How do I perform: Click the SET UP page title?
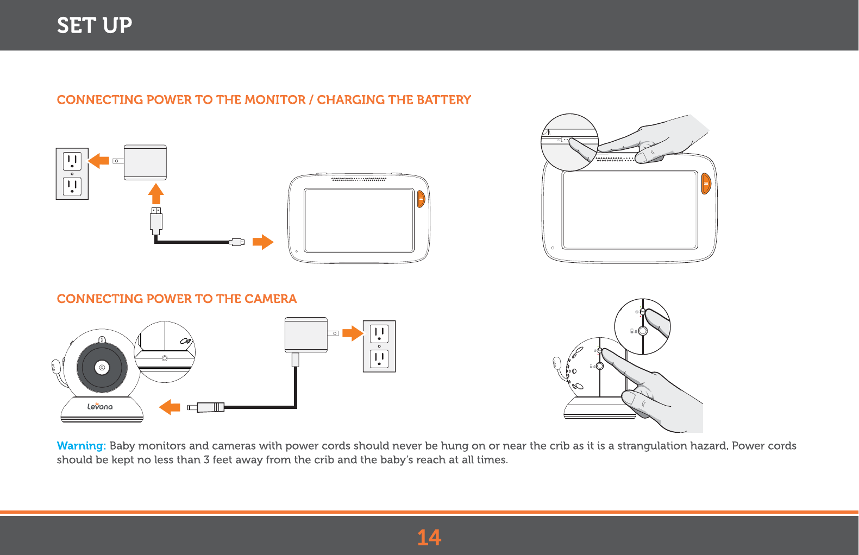pyautogui.click(x=95, y=26)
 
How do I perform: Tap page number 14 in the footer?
pyautogui.click(x=429, y=538)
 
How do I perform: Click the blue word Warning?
pyautogui.click(x=81, y=446)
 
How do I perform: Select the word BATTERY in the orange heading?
pyautogui.click(x=443, y=100)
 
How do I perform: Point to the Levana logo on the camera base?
pyautogui.click(x=100, y=406)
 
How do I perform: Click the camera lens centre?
pyautogui.click(x=102, y=368)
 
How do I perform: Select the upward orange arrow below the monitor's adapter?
pyautogui.click(x=156, y=194)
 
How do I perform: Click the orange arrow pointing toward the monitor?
pyautogui.click(x=263, y=242)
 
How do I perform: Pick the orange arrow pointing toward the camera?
pyautogui.click(x=170, y=407)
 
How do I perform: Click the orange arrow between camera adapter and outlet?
pyautogui.click(x=353, y=333)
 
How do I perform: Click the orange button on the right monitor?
pyautogui.click(x=706, y=184)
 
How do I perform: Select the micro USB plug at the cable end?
pyautogui.click(x=237, y=242)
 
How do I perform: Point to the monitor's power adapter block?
pyautogui.click(x=145, y=162)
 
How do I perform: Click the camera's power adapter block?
pyautogui.click(x=306, y=335)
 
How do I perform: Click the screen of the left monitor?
pyautogui.click(x=359, y=220)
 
